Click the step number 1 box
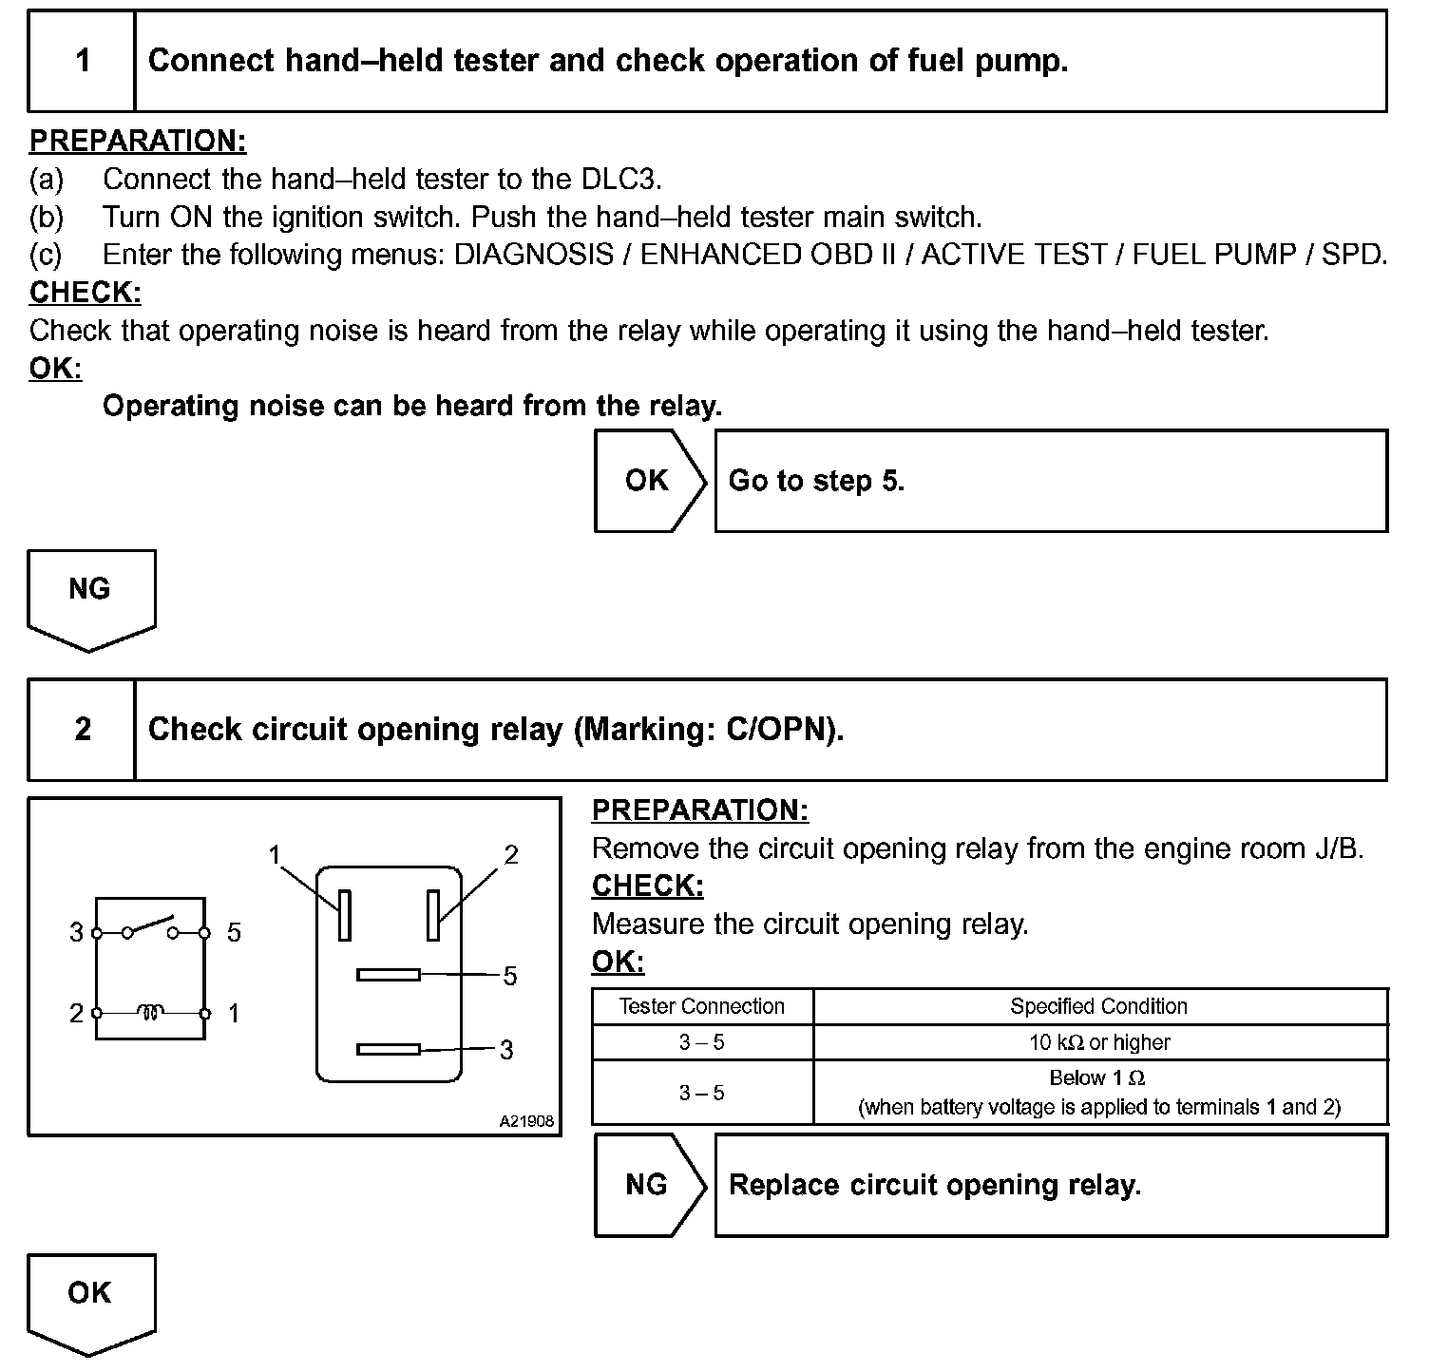point(83,61)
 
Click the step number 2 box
point(83,730)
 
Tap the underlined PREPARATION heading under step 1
point(138,141)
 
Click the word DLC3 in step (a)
point(618,179)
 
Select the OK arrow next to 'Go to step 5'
point(650,481)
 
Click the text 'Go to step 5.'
point(816,481)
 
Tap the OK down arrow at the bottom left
point(91,1300)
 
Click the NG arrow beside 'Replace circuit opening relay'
point(650,1185)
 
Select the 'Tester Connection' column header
point(702,1006)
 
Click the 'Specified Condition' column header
point(1098,1006)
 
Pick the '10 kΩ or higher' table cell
point(1098,1042)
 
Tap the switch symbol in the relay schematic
point(151,927)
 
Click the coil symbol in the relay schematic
point(151,1012)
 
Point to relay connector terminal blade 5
point(389,974)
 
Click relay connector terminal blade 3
point(389,1049)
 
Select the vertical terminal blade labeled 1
point(345,915)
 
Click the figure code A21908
point(526,1121)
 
